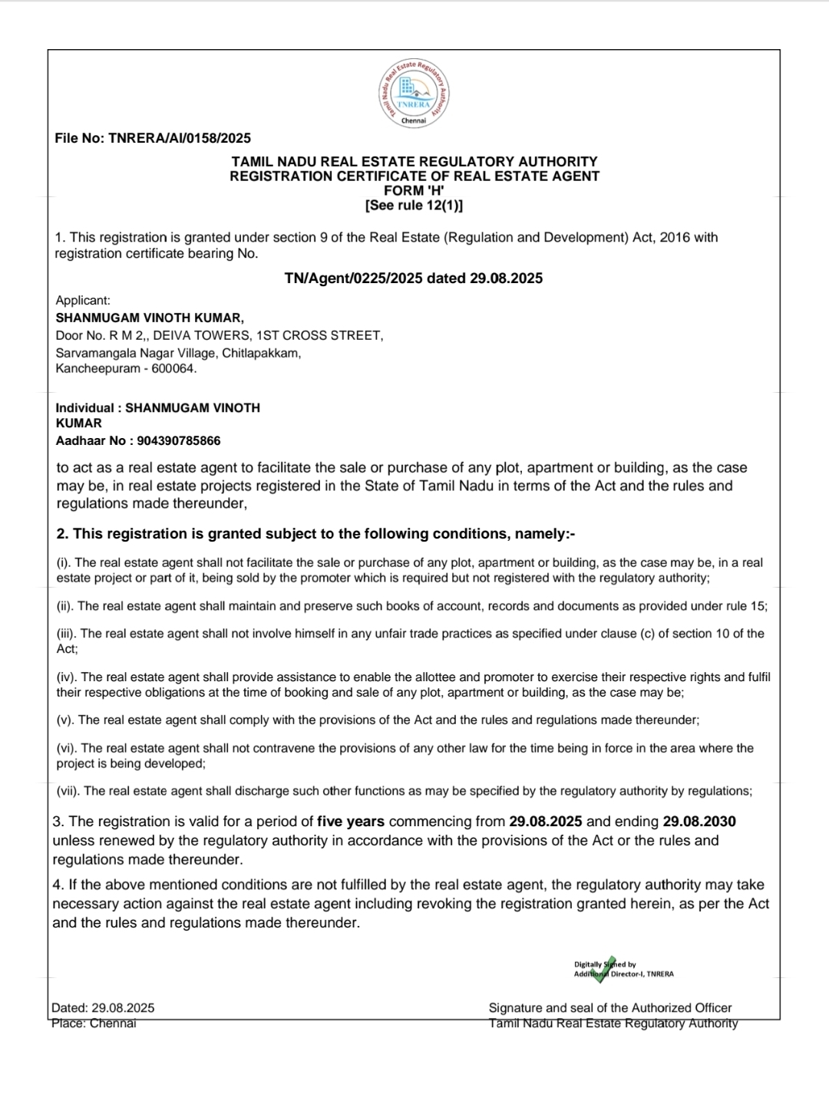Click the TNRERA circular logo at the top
[x=414, y=94]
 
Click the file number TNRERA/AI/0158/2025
[x=180, y=139]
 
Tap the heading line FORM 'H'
[x=414, y=190]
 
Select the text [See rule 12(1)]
[x=414, y=205]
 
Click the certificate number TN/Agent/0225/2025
[x=353, y=278]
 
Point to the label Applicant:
[x=83, y=301]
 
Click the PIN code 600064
[x=174, y=368]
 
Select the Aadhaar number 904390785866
[x=179, y=441]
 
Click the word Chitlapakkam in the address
[x=262, y=353]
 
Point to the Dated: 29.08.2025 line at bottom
[x=103, y=1008]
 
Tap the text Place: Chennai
[x=94, y=1023]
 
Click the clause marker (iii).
[x=67, y=634]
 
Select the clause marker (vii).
[x=68, y=791]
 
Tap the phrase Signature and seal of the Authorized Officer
[x=610, y=1008]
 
